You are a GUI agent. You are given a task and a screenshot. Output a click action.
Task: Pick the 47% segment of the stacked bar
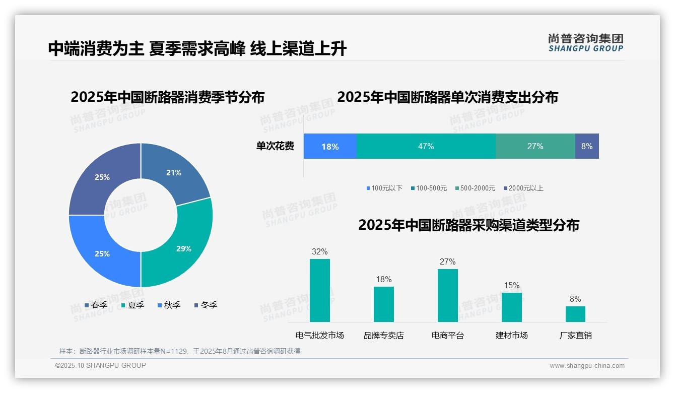[426, 146]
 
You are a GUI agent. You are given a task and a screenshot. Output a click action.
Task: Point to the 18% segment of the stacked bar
[330, 146]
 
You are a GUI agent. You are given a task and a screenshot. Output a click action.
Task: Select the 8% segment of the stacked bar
[587, 146]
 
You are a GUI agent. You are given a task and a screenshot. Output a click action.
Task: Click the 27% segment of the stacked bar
[535, 146]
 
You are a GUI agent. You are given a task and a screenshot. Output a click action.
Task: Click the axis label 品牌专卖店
[384, 335]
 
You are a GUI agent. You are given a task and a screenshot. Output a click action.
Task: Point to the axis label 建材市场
[511, 335]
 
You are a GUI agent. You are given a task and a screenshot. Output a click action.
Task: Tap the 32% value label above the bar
[319, 251]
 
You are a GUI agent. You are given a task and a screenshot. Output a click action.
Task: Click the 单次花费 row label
[275, 146]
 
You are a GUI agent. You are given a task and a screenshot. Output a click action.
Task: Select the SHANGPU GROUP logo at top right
[585, 43]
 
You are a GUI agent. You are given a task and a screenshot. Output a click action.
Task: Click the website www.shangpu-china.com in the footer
[587, 366]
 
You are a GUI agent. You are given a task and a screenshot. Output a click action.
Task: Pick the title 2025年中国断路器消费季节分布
[167, 97]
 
